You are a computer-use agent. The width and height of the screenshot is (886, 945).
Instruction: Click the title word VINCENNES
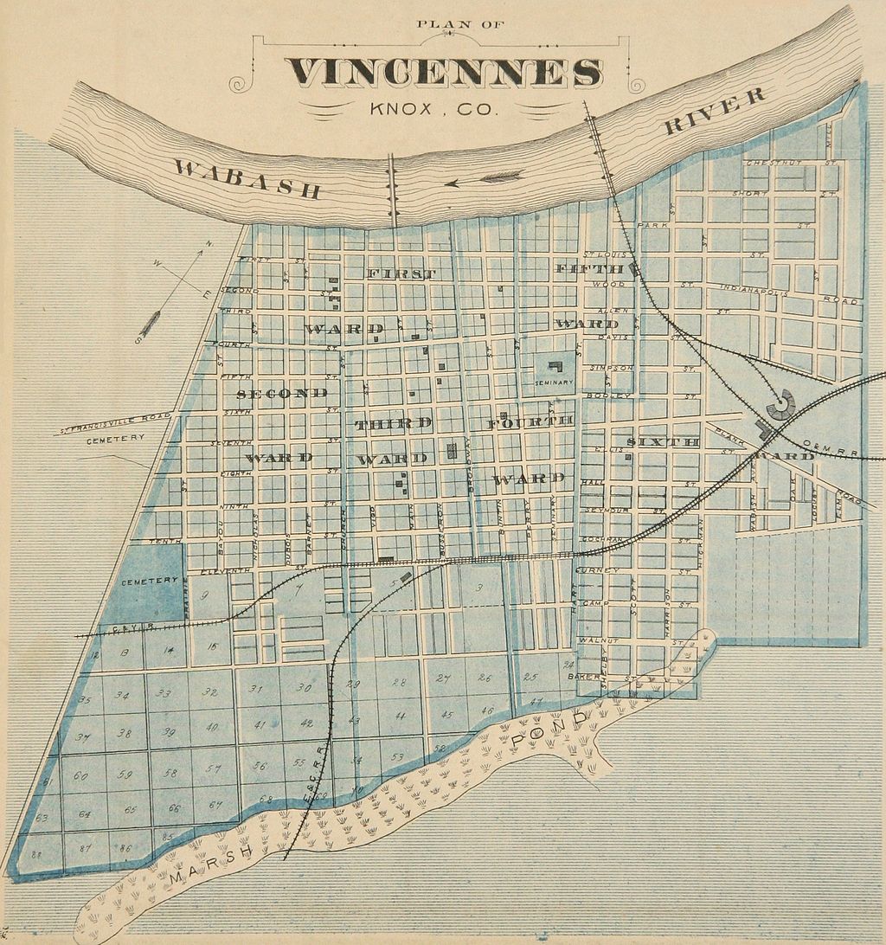click(444, 73)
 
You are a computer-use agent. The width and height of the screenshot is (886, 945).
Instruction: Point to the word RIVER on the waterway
click(715, 111)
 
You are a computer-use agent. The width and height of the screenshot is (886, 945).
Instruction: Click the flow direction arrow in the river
click(490, 179)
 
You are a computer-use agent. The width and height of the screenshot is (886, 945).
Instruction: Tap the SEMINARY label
click(554, 382)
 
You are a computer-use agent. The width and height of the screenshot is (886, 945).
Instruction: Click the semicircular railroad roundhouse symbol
click(781, 404)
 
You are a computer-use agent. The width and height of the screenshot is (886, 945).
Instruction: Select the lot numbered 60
click(80, 775)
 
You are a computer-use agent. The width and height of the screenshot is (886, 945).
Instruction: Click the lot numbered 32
click(209, 691)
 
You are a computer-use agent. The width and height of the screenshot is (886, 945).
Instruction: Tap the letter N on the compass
click(209, 244)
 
